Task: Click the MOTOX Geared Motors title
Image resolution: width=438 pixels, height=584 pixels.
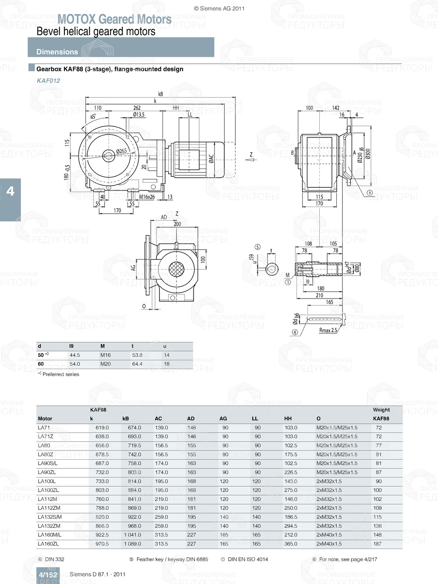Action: (114, 19)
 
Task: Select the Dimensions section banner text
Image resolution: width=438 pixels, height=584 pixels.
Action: (57, 52)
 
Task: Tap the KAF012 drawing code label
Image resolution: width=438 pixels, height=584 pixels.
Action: (48, 81)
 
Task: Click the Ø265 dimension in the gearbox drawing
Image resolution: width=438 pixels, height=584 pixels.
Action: (121, 151)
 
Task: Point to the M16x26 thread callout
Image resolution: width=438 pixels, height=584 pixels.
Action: (147, 197)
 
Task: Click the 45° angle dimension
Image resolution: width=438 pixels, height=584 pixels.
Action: (93, 117)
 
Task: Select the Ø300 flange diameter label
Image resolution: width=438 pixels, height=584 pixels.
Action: (368, 154)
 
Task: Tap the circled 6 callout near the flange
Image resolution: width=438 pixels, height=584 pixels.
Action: (369, 193)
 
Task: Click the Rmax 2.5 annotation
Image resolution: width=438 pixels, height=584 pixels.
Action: (328, 331)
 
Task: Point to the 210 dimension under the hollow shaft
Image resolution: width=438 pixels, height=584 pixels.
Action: (319, 296)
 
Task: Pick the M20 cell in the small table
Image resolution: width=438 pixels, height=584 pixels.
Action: (106, 364)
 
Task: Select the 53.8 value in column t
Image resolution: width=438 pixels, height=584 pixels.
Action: (137, 355)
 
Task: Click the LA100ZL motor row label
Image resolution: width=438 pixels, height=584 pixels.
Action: (48, 490)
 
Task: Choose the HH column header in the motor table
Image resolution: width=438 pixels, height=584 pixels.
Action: (288, 419)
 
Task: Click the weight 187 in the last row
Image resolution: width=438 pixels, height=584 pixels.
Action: (378, 544)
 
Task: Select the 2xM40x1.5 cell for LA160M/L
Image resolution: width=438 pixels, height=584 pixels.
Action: (329, 535)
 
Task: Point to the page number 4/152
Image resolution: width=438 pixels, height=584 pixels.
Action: (48, 575)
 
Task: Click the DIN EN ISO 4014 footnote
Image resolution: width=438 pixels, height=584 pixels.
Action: (247, 559)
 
